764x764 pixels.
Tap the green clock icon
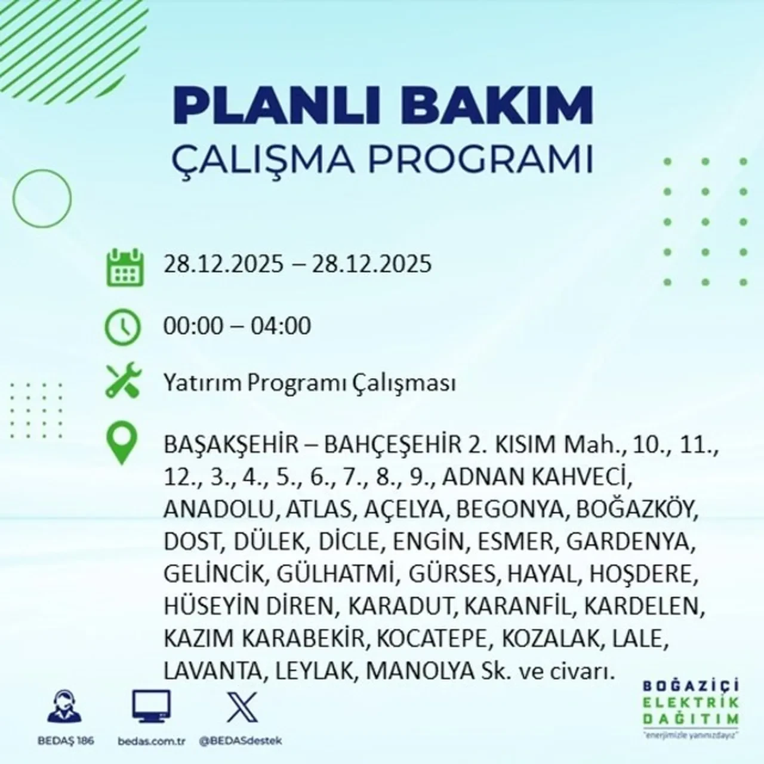tap(122, 326)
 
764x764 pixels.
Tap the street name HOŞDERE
tap(644, 574)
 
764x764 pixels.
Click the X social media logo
tap(242, 707)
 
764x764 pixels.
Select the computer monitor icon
tap(151, 707)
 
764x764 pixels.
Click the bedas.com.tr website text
tap(152, 740)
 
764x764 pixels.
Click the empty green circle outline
tap(42, 198)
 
